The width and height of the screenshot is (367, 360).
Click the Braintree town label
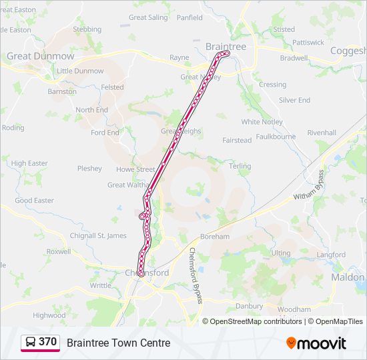click(x=226, y=46)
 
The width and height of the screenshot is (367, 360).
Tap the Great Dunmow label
click(x=41, y=57)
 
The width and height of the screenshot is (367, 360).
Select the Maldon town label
click(x=348, y=277)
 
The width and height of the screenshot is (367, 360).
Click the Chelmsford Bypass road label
click(x=196, y=275)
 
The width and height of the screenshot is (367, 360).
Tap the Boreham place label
click(x=214, y=237)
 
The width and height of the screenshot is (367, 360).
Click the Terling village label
click(x=240, y=166)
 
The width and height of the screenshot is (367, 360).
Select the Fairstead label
click(x=237, y=141)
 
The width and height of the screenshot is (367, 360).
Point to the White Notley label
click(x=262, y=122)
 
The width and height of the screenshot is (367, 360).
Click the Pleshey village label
click(x=89, y=169)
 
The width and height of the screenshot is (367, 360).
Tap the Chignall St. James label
click(x=98, y=235)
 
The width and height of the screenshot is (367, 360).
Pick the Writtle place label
click(x=101, y=285)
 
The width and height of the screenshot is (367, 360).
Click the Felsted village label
click(x=113, y=87)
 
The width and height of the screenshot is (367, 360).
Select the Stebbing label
click(x=87, y=29)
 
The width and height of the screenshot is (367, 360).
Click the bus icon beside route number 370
click(x=31, y=343)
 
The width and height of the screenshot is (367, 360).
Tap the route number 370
click(x=47, y=342)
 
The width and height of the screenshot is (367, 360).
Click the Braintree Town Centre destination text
click(x=118, y=343)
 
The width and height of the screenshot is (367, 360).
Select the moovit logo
click(x=316, y=343)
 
